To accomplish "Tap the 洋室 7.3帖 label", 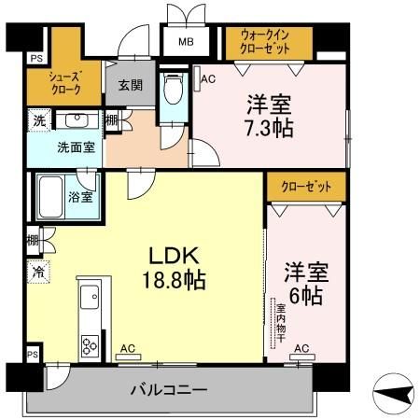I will (x=271, y=115).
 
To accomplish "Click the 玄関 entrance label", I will (x=130, y=85).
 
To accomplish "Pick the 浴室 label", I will (x=79, y=196).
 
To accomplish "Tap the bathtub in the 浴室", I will (x=51, y=196).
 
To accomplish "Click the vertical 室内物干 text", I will (x=279, y=320).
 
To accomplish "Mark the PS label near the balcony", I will (x=34, y=356).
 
